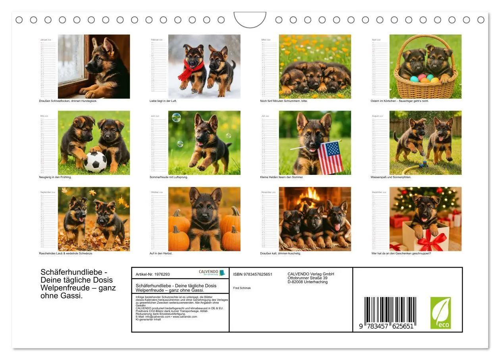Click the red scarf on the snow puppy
pyautogui.click(x=190, y=70)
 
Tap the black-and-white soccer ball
pyautogui.click(x=95, y=162)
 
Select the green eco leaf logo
pyautogui.click(x=440, y=313)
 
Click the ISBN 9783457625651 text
pyautogui.click(x=253, y=274)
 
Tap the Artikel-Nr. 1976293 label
pyautogui.click(x=153, y=274)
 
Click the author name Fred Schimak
pyautogui.click(x=242, y=288)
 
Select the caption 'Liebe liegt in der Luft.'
pyautogui.click(x=163, y=101)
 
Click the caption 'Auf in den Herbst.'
pyautogui.click(x=160, y=253)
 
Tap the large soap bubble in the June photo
pyautogui.click(x=176, y=117)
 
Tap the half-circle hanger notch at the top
pyautogui.click(x=250, y=20)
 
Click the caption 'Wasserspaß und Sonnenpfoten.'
pyautogui.click(x=391, y=177)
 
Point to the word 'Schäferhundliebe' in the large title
pyautogui.click(x=71, y=272)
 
